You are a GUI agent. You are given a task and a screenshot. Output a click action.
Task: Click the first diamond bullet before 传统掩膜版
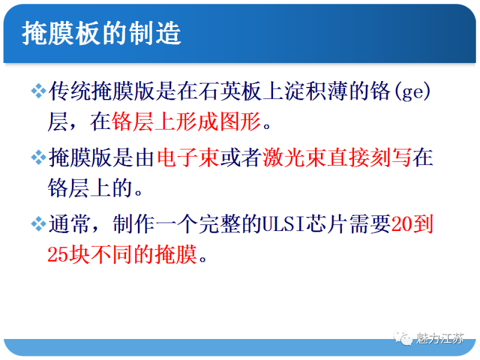(x=38, y=91)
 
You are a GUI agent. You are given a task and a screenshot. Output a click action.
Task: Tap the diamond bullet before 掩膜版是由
(x=38, y=158)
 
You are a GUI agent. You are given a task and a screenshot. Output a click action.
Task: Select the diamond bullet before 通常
(x=38, y=226)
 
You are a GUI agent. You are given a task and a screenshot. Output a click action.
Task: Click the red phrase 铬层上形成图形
(x=187, y=122)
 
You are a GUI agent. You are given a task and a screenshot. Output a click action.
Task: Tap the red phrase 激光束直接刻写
(x=337, y=158)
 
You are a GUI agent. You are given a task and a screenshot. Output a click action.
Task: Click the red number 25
(x=58, y=257)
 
